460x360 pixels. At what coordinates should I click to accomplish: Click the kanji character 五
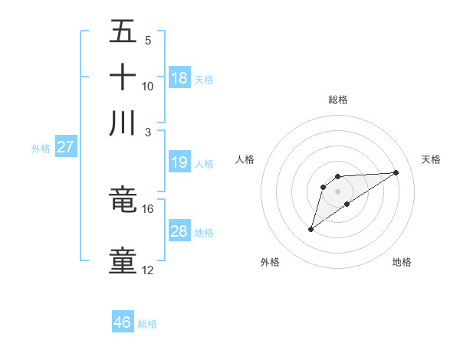click(123, 32)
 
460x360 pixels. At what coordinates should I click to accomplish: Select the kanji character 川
click(123, 123)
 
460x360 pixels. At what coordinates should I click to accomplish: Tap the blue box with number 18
click(179, 78)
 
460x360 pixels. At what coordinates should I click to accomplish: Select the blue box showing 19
click(179, 162)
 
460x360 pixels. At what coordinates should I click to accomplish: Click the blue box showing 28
click(179, 231)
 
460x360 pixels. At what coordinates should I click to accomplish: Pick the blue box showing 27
click(65, 147)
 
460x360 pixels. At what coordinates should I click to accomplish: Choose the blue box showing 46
click(123, 322)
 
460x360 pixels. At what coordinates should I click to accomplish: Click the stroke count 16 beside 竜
click(147, 208)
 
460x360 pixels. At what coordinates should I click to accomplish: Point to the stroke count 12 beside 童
click(147, 270)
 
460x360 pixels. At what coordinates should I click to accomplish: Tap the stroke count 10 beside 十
click(147, 86)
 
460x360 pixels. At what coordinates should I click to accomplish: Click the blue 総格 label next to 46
click(147, 324)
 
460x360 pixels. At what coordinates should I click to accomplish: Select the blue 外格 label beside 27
click(40, 149)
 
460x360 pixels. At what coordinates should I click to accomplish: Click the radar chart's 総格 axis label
click(337, 100)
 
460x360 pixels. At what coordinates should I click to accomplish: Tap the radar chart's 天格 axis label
click(431, 159)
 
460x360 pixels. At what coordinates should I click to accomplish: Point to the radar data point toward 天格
click(396, 172)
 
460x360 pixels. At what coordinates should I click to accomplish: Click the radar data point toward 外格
click(310, 228)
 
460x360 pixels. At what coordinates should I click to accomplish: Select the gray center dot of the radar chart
click(337, 191)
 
